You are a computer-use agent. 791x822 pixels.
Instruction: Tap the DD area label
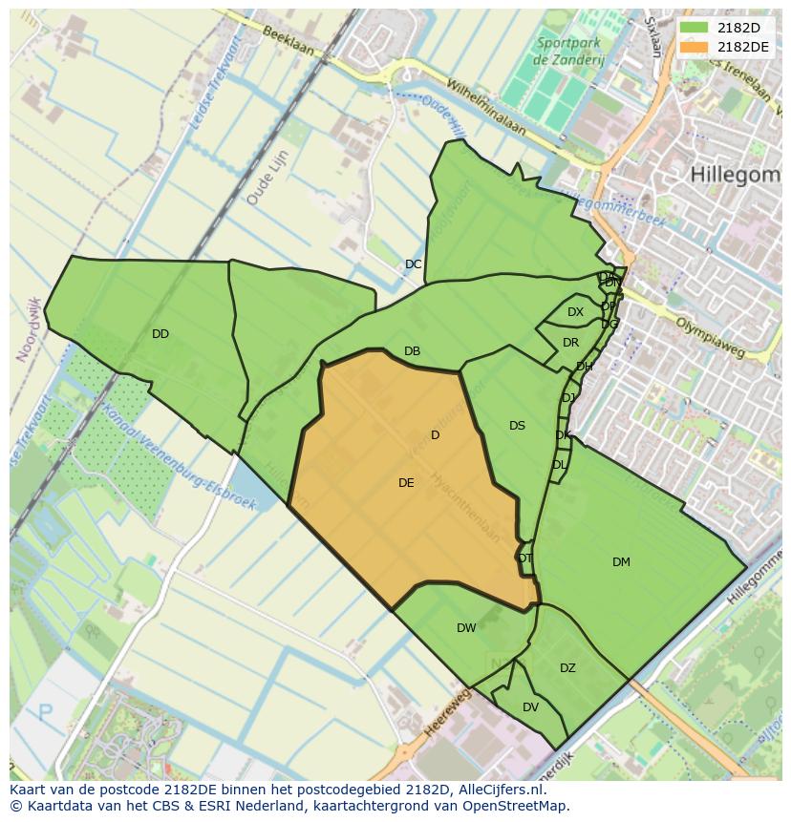click(160, 334)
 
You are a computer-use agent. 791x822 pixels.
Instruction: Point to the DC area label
click(413, 264)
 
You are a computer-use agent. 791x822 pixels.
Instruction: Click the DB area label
click(412, 351)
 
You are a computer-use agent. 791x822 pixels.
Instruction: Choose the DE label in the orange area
click(406, 483)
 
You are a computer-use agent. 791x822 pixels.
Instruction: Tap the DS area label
click(517, 426)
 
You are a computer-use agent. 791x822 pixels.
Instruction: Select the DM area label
click(621, 562)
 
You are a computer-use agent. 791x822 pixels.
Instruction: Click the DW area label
click(466, 628)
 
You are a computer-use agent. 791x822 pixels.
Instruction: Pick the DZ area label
click(567, 668)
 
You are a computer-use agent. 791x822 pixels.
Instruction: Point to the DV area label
click(530, 707)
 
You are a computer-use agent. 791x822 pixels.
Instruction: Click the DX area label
click(575, 312)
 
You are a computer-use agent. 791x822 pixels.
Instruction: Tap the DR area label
click(570, 343)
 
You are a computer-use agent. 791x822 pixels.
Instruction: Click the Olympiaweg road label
click(709, 337)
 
